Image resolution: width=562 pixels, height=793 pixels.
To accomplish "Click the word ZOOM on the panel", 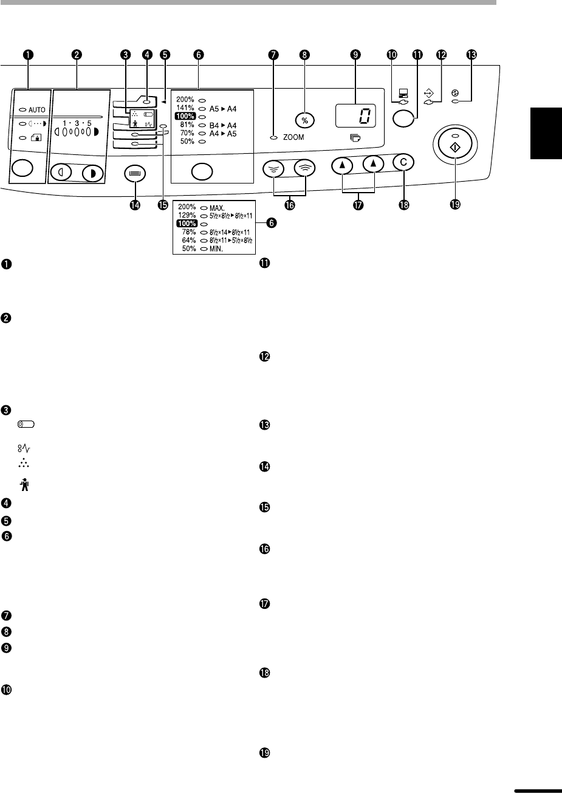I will click(293, 138).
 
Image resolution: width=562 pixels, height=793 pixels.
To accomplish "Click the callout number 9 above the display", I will click(355, 54).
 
